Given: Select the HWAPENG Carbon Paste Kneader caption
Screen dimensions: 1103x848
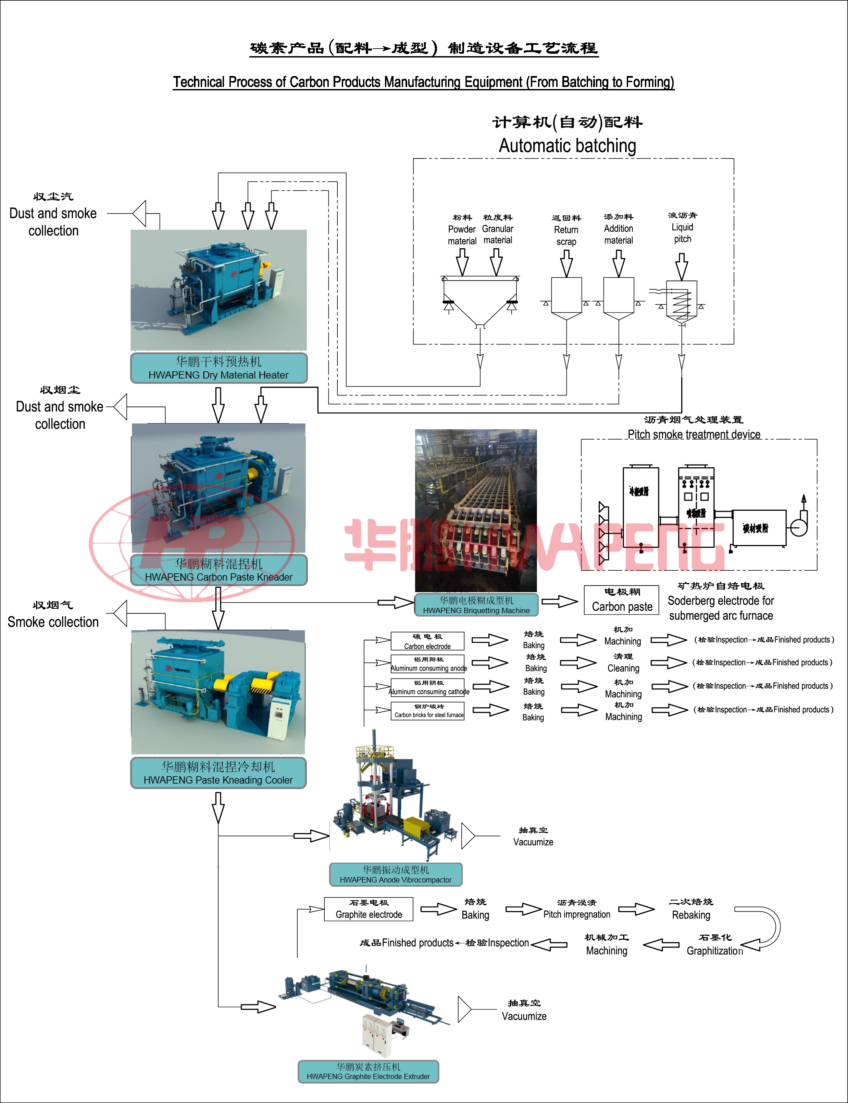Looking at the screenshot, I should [219, 570].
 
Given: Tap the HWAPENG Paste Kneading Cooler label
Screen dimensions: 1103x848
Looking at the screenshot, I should [219, 773].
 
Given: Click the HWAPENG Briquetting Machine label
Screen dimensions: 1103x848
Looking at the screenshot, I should [476, 605].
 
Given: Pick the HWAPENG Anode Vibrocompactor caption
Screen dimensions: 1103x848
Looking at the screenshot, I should [396, 874].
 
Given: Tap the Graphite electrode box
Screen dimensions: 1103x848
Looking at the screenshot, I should [369, 909].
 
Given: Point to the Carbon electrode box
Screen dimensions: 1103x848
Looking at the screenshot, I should [427, 641].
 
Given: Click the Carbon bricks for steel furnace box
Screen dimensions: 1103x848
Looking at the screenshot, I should [428, 711].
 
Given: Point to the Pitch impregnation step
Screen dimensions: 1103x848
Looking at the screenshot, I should [576, 909].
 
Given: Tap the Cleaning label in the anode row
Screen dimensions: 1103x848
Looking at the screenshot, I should [623, 663].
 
